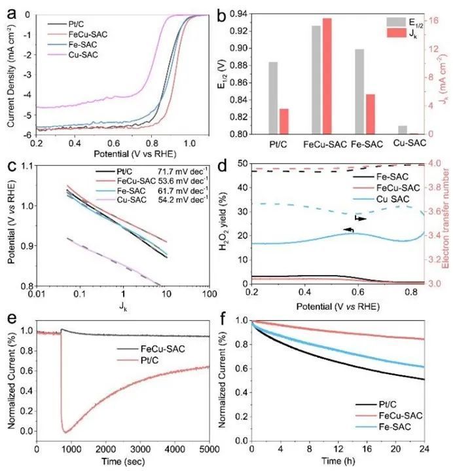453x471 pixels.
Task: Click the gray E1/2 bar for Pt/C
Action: pyautogui.click(x=273, y=98)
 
